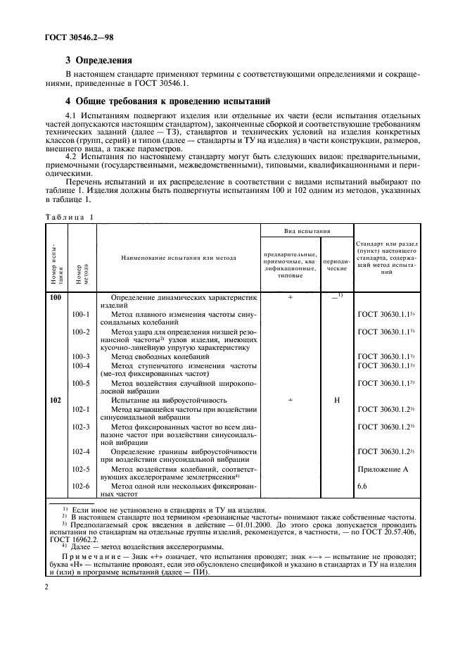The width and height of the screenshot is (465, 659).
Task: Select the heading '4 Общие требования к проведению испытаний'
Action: [163, 100]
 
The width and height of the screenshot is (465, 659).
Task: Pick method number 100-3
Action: [82, 357]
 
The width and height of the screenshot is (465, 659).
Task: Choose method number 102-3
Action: [82, 427]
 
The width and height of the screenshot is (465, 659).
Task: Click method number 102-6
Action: [82, 486]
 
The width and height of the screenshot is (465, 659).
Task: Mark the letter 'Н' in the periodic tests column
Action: [337, 400]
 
